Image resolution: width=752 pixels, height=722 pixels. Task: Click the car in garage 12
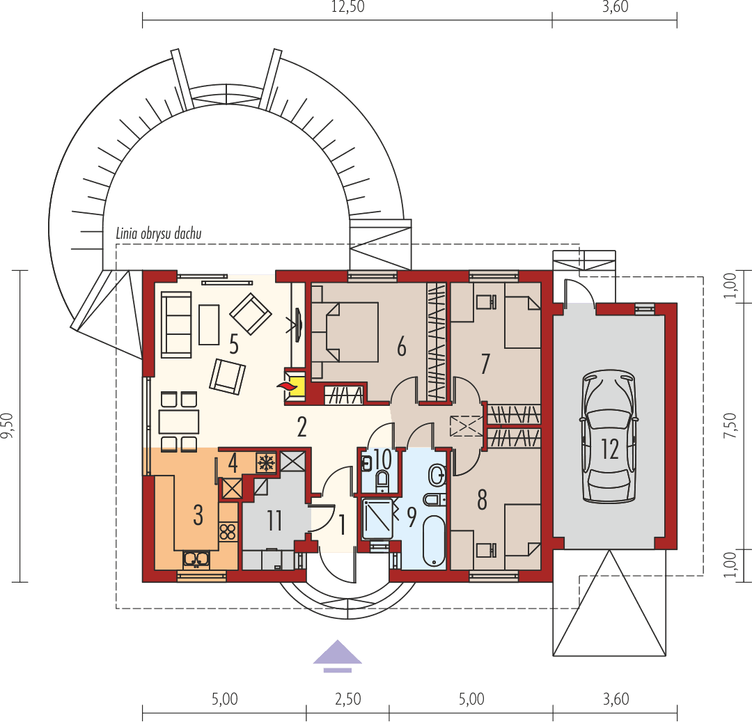pos(609,437)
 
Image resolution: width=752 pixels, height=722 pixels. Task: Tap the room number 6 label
pos(401,347)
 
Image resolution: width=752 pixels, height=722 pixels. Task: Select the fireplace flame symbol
pos(286,385)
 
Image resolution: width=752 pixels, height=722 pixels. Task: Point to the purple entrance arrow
pos(337,654)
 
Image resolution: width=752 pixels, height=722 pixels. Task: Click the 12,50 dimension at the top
pos(347,8)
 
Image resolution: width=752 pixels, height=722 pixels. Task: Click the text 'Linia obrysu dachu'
pos(159,234)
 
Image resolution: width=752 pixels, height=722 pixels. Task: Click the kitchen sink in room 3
pos(196,558)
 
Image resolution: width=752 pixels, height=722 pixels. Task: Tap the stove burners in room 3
pos(228,533)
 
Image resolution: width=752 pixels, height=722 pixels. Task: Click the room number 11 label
pos(274,520)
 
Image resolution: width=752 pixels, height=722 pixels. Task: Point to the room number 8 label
pos(482,499)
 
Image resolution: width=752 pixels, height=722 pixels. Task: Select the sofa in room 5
pos(176,323)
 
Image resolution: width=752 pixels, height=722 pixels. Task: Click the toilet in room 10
pos(382,479)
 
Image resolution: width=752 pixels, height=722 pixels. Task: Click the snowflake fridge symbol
pos(265,462)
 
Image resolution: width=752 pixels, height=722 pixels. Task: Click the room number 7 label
pos(485,363)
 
